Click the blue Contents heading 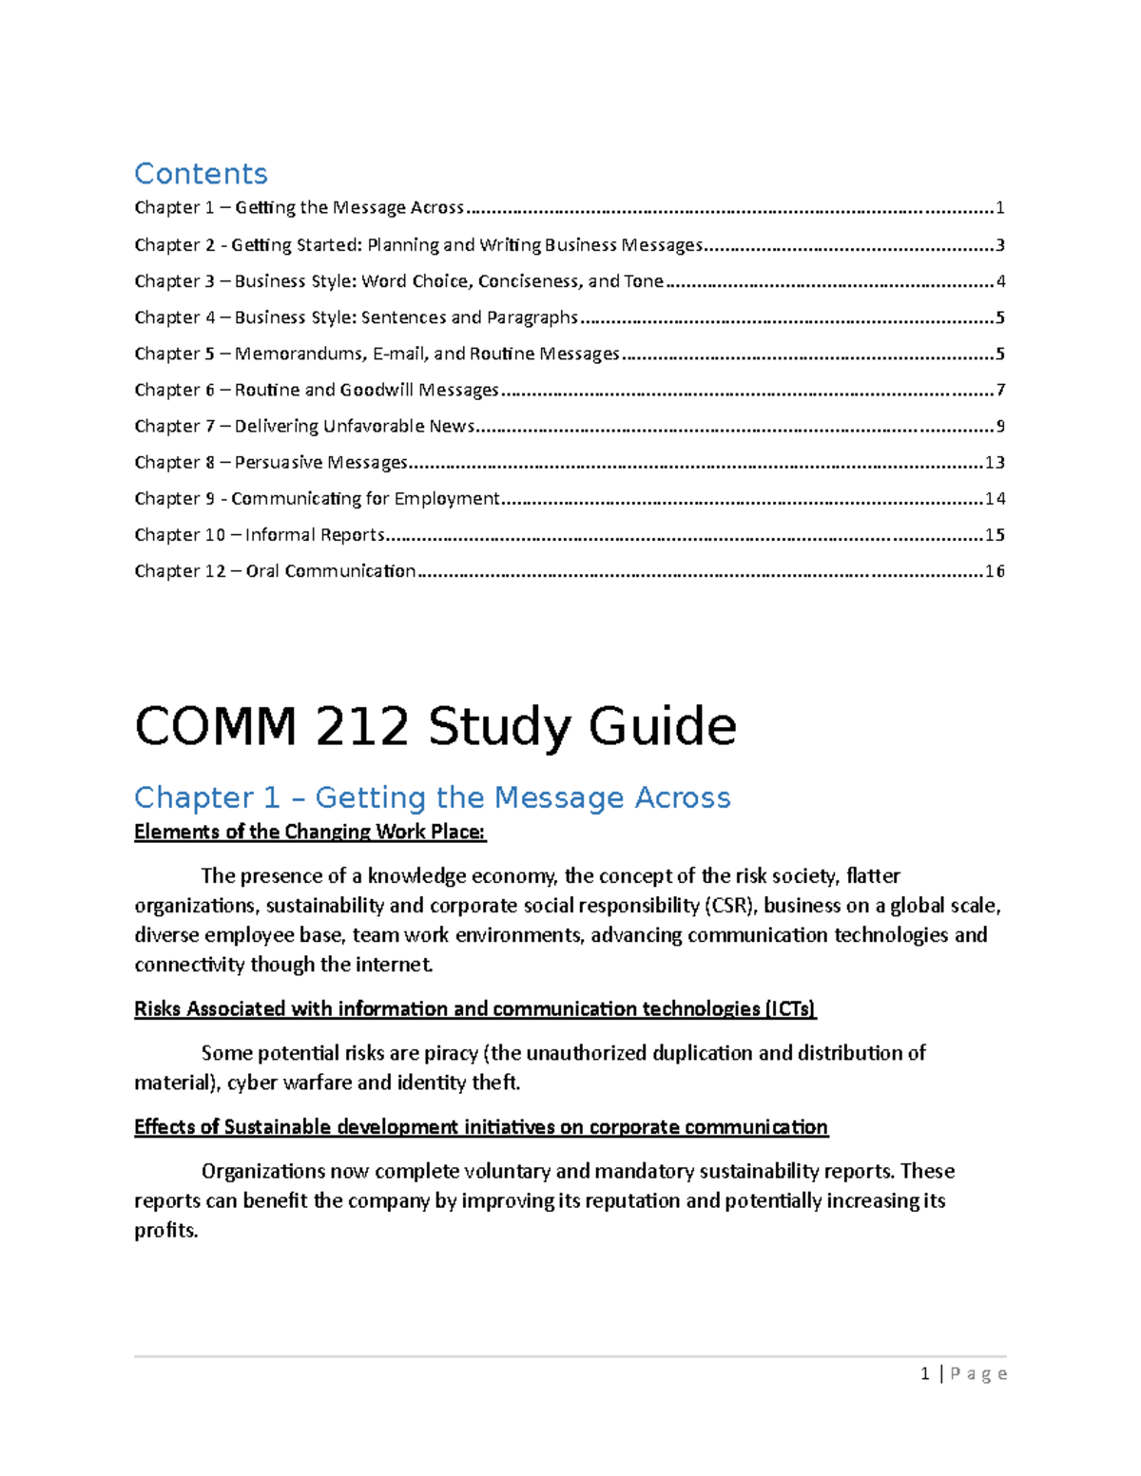point(201,174)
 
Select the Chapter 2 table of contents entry point(418,245)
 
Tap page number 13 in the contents point(995,463)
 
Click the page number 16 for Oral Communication point(995,571)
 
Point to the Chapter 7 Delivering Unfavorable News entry point(304,427)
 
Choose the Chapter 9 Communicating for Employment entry point(317,499)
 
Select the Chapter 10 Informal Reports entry point(260,535)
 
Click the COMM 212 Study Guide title point(435,727)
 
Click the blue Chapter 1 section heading point(432,797)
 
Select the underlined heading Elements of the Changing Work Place point(309,833)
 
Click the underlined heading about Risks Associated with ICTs point(474,1009)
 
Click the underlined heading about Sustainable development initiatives point(480,1127)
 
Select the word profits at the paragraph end point(165,1231)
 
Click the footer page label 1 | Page point(963,1373)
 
